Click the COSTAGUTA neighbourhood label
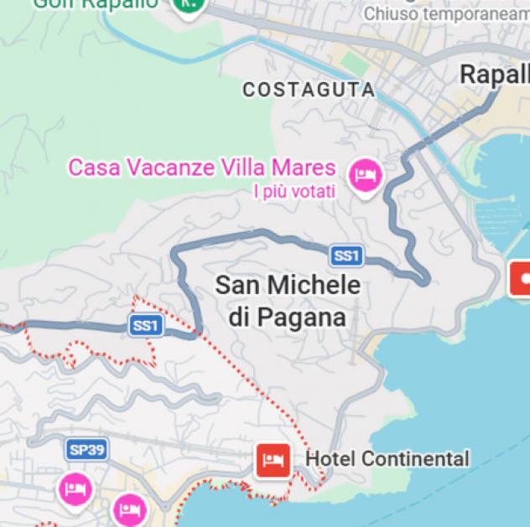308,89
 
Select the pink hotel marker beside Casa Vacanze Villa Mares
365,174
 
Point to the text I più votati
294,192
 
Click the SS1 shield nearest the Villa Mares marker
346,256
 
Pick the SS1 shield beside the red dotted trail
145,325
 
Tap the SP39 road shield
87,450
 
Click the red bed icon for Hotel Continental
273,459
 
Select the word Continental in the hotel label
415,459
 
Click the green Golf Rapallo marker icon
189,3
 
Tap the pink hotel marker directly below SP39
75,488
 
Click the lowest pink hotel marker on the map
128,507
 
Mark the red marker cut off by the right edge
522,276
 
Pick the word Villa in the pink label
246,167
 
